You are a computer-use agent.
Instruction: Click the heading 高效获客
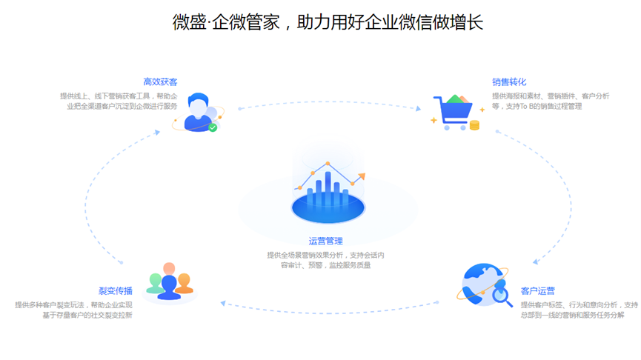click(x=160, y=81)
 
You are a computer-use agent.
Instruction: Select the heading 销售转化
click(x=508, y=81)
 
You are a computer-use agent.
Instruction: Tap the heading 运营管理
click(x=325, y=241)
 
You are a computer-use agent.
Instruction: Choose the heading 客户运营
click(x=537, y=290)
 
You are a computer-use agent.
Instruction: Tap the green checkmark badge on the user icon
click(x=213, y=127)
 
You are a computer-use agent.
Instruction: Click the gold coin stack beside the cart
click(x=474, y=124)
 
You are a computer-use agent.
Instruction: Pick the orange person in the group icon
click(x=185, y=282)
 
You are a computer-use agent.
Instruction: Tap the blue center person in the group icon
click(x=170, y=282)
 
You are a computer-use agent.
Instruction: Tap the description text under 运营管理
click(x=325, y=260)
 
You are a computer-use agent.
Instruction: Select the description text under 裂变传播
click(x=74, y=310)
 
